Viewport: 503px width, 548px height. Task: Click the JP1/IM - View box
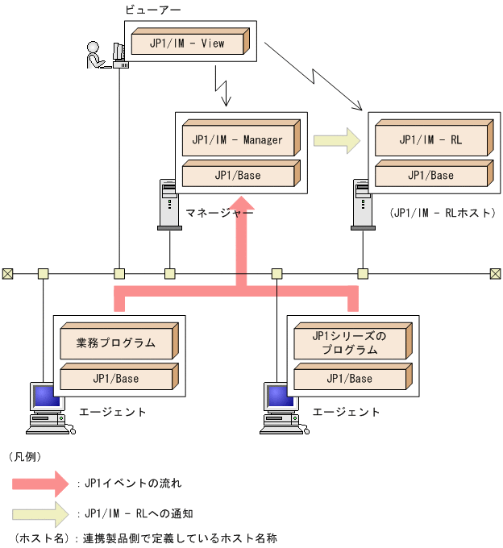[x=187, y=44]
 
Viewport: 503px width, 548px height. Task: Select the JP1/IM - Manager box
[x=237, y=140]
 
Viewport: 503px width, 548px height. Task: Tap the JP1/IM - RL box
[x=430, y=140]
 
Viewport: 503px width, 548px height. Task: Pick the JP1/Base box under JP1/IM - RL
[x=430, y=176]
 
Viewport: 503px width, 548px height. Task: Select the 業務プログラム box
[x=116, y=343]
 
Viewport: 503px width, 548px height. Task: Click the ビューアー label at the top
[x=152, y=10]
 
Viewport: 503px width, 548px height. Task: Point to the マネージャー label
[x=219, y=213]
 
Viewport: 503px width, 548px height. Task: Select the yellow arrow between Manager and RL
[x=336, y=140]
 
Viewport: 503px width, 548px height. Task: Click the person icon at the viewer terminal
[x=94, y=55]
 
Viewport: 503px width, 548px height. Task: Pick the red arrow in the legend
[x=42, y=484]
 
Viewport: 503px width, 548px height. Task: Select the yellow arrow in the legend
[x=42, y=513]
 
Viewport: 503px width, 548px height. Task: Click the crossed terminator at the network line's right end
[x=495, y=273]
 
